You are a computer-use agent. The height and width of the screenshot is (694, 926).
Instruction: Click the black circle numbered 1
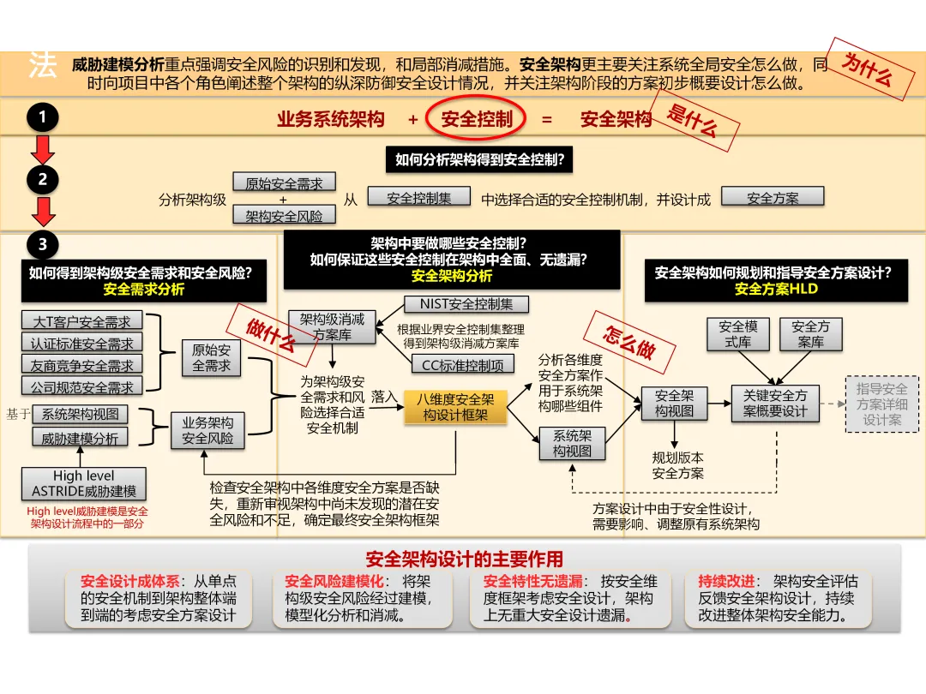(x=43, y=117)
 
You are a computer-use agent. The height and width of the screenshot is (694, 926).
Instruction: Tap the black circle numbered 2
(x=43, y=180)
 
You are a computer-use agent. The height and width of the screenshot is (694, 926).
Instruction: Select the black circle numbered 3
(x=43, y=245)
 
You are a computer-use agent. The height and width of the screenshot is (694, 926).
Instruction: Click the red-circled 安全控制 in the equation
(x=477, y=119)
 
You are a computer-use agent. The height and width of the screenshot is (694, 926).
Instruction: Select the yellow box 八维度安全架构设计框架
(x=455, y=407)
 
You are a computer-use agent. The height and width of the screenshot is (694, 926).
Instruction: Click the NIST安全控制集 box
(x=466, y=304)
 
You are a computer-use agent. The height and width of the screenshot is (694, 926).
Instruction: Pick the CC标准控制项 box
(x=463, y=364)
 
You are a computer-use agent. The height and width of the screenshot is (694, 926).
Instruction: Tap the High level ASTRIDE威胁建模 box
(x=84, y=484)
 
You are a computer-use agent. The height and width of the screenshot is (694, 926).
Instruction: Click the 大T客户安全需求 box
(x=82, y=321)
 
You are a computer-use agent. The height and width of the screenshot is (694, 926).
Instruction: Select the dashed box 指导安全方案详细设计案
(x=882, y=404)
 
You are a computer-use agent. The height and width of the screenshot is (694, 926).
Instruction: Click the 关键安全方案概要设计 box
(x=775, y=403)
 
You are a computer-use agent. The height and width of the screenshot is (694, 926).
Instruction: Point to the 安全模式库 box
(x=738, y=334)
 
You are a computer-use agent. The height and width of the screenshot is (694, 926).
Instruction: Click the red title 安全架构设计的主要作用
(x=465, y=559)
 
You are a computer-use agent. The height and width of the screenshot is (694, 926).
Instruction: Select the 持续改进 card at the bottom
(x=778, y=598)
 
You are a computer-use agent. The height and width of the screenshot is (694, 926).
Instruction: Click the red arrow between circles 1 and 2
(x=43, y=149)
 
